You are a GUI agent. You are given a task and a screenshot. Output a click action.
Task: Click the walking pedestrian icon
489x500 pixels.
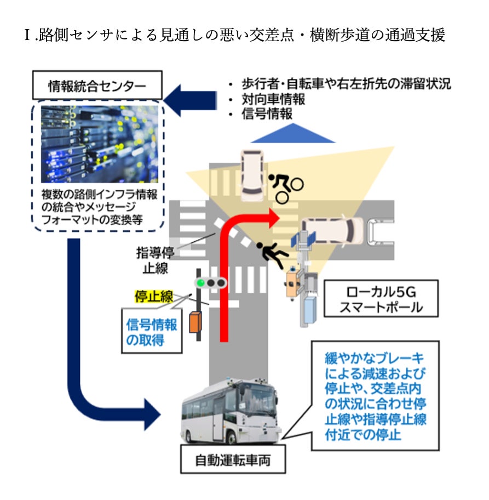(272, 255)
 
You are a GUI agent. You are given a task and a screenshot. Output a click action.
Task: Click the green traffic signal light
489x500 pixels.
(202, 283)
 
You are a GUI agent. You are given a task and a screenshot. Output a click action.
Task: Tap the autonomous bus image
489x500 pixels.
(230, 413)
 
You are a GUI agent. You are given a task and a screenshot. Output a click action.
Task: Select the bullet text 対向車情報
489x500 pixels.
(273, 100)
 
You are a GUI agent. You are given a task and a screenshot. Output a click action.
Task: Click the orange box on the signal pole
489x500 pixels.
(195, 322)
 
